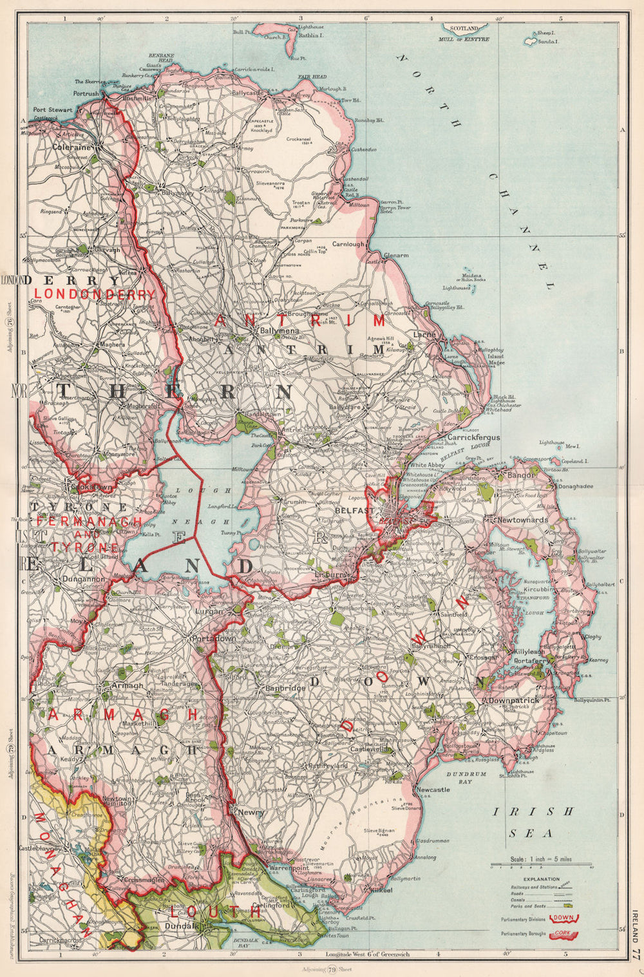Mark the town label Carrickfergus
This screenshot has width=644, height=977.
(473, 437)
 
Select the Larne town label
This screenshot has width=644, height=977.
(424, 335)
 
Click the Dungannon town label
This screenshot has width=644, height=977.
(67, 579)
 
